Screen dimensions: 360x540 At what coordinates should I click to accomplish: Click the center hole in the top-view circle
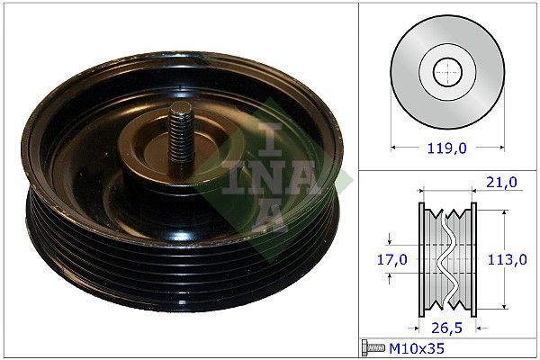[x=446, y=70]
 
